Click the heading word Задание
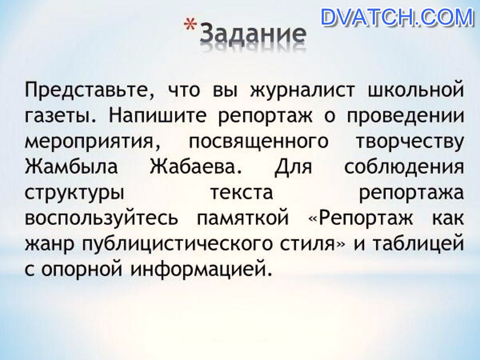pos(252,33)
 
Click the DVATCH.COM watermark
pos(397,17)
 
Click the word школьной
pos(415,90)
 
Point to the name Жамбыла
pos(71,167)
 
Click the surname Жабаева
pos(196,167)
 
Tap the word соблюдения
pos(404,167)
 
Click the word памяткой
pos(243,218)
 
